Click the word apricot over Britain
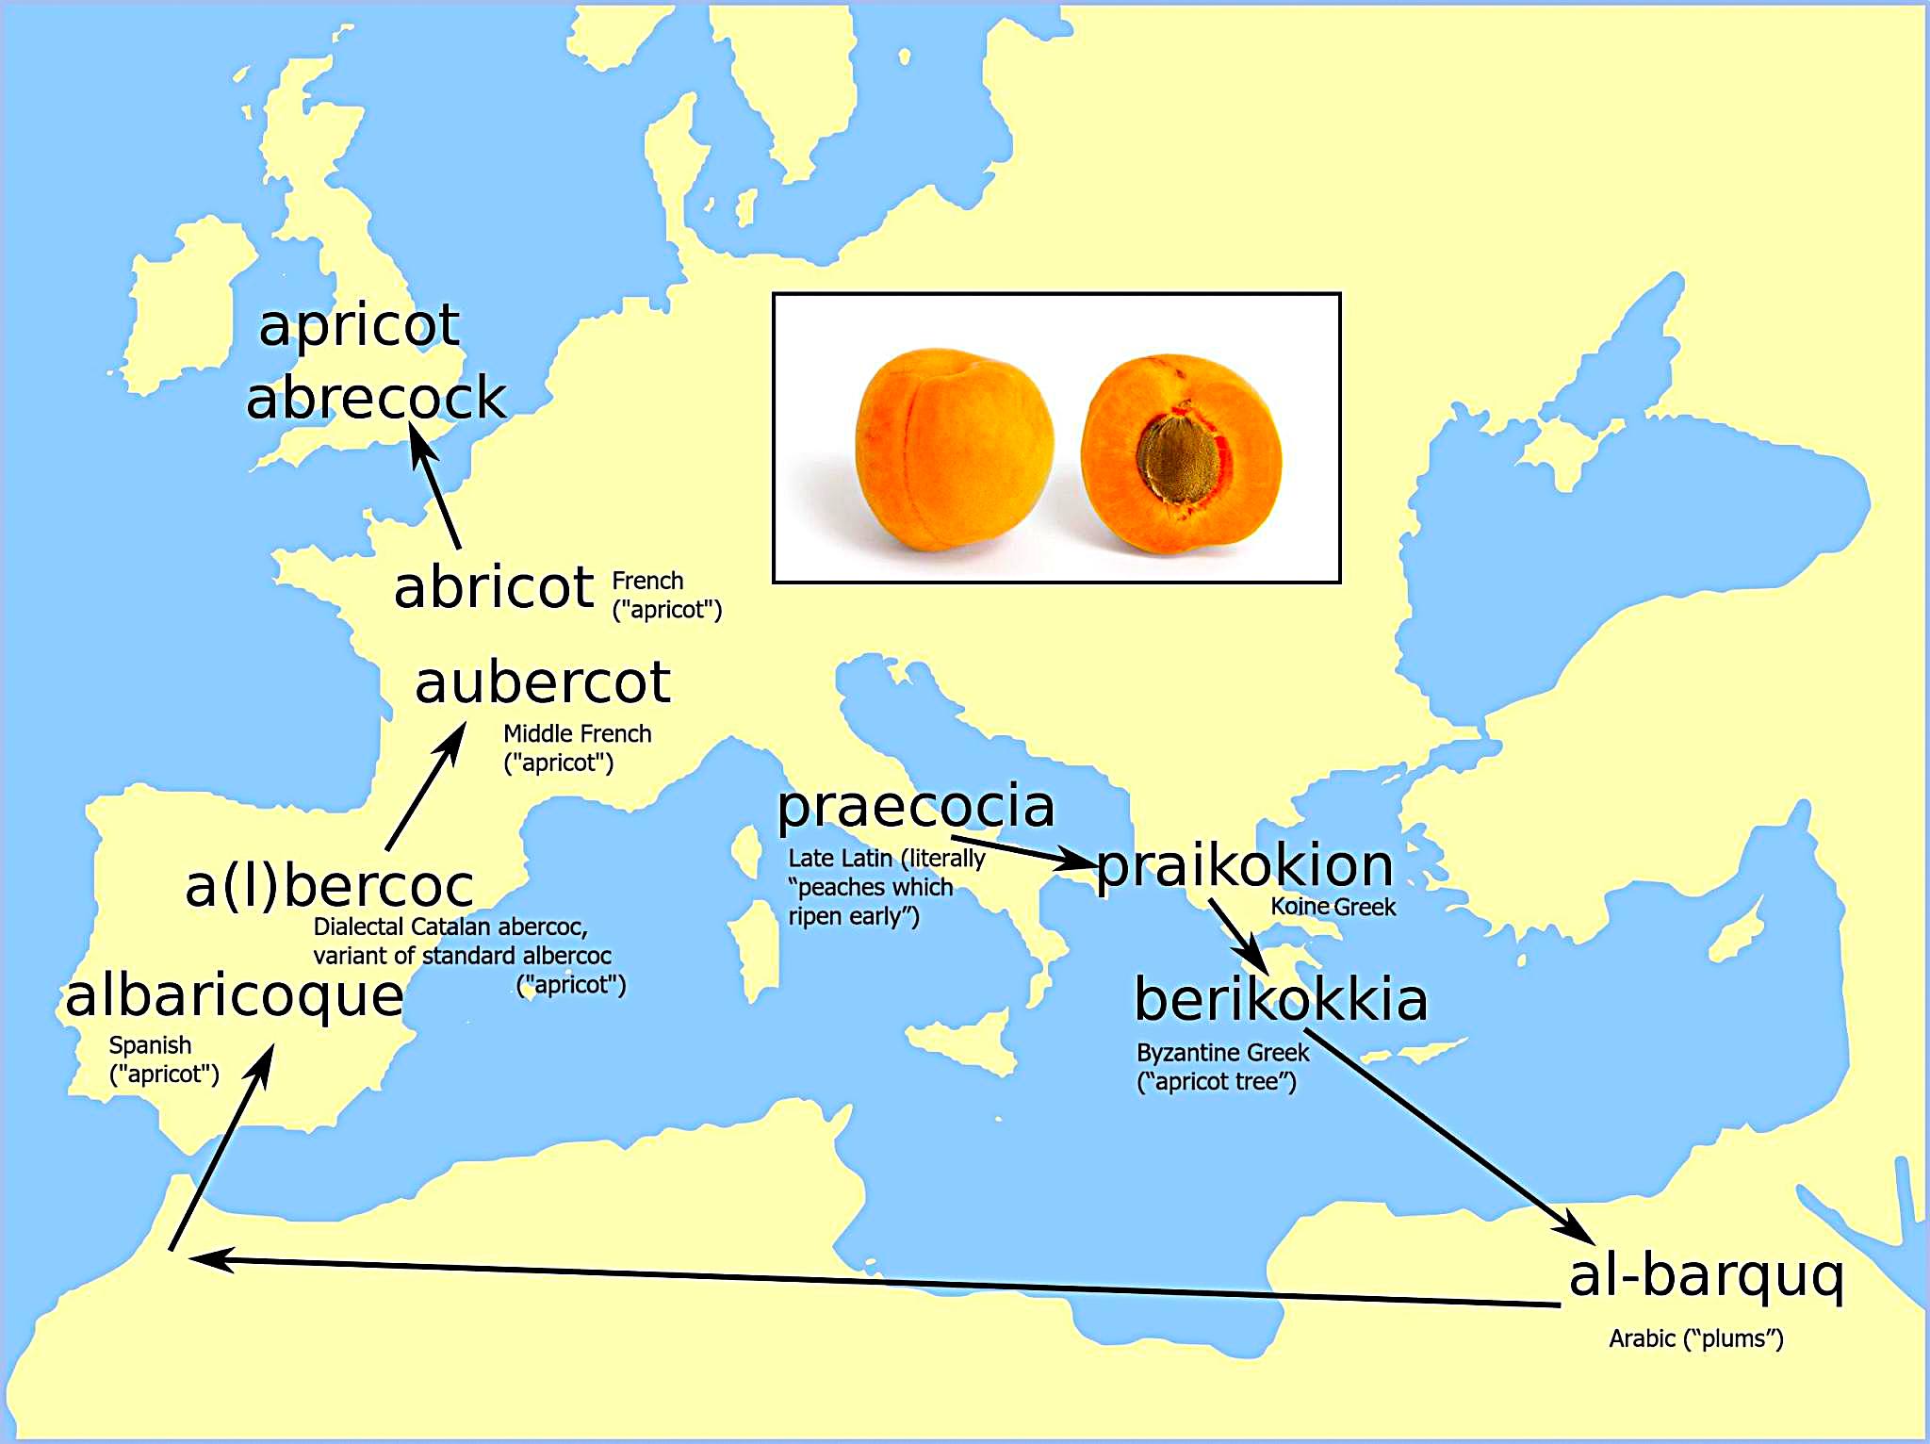point(359,327)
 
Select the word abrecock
point(376,397)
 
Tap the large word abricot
point(493,587)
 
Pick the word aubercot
point(543,682)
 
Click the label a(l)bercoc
point(329,886)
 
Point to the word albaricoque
point(234,997)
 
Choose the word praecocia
point(915,807)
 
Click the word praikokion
point(1244,865)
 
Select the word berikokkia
point(1281,999)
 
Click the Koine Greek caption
point(1333,907)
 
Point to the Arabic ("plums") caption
point(1695,1338)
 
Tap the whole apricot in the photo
point(953,450)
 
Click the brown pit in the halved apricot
point(1182,455)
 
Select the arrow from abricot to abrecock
point(435,486)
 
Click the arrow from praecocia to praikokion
point(1022,851)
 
